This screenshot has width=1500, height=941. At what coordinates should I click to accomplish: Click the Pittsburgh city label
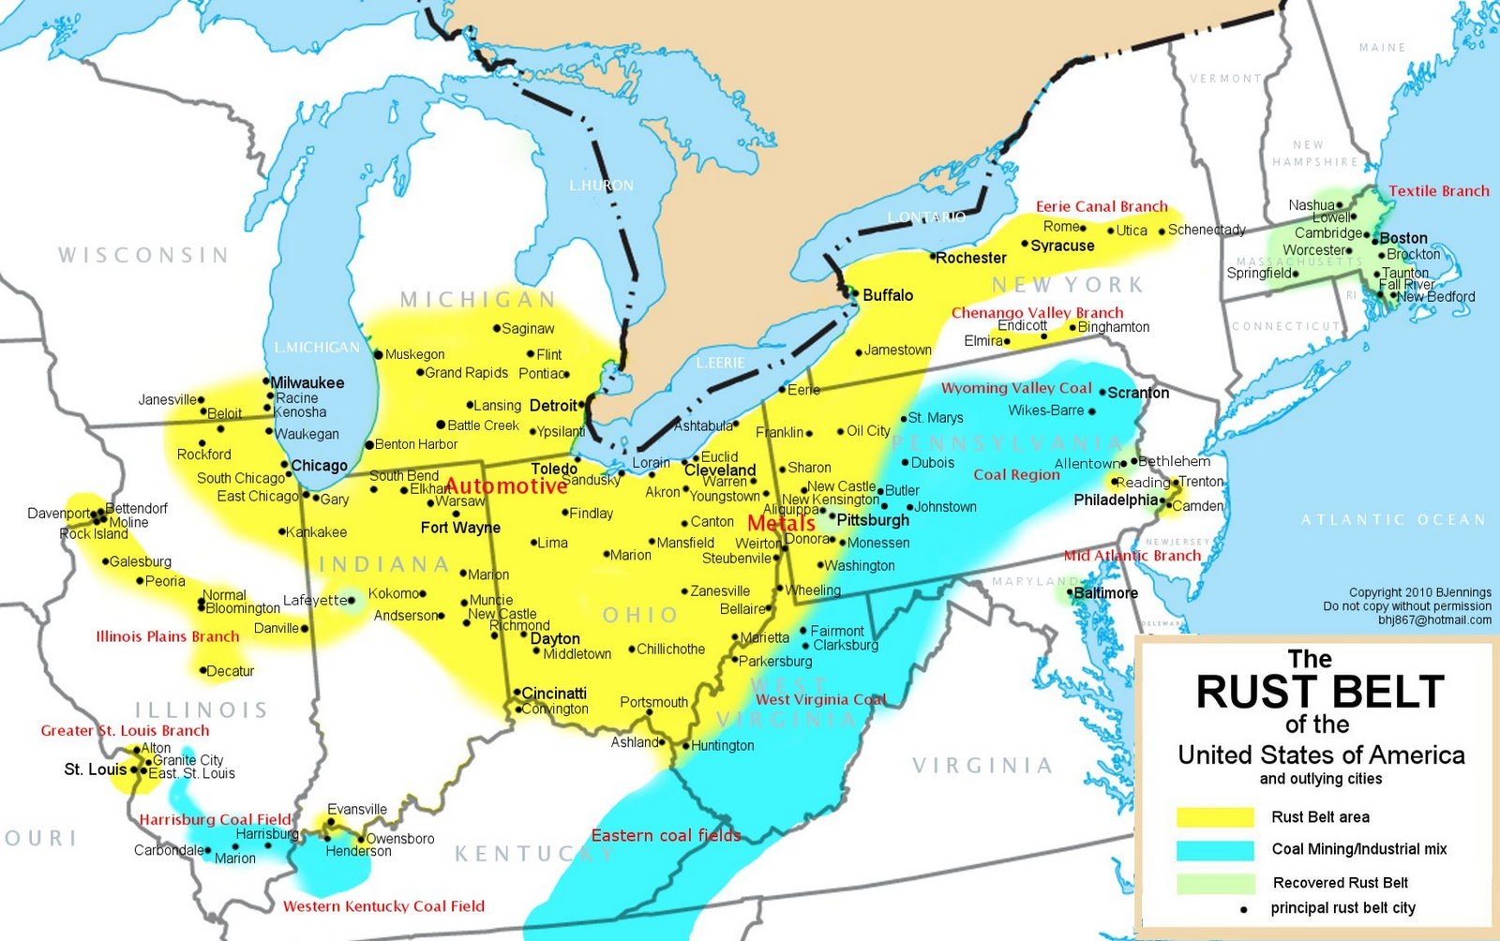(873, 520)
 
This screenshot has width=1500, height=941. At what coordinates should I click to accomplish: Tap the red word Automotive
(506, 485)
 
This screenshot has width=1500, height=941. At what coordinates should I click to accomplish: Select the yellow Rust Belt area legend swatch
(1215, 817)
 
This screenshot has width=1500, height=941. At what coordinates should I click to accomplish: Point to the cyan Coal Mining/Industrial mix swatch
(1215, 850)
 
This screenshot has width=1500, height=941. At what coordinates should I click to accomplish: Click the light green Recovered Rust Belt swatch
(1215, 883)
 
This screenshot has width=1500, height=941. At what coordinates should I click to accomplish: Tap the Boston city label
(1403, 238)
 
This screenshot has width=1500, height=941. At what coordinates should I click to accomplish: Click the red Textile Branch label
(1439, 191)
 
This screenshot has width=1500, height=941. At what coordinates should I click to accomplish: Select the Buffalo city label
(888, 295)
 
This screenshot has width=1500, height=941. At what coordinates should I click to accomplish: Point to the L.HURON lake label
(601, 186)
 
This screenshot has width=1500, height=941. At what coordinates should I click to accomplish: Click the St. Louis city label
(95, 769)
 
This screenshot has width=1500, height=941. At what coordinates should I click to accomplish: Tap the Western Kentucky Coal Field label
(384, 906)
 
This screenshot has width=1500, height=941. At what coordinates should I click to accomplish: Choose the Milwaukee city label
(307, 382)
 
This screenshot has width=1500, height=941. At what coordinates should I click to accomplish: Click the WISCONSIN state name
(143, 255)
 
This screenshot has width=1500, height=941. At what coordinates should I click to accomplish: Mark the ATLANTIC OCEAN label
(1393, 519)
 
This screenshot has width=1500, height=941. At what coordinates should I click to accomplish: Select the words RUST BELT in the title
(1320, 693)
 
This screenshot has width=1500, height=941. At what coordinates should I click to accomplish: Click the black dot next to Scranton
(1102, 393)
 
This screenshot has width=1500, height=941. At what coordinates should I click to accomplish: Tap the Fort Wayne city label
(460, 528)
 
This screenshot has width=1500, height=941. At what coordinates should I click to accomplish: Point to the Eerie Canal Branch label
(1102, 206)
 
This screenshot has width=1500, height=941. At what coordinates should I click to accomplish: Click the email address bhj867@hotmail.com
(1434, 620)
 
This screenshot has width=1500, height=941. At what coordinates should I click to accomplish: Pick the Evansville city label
(357, 810)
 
